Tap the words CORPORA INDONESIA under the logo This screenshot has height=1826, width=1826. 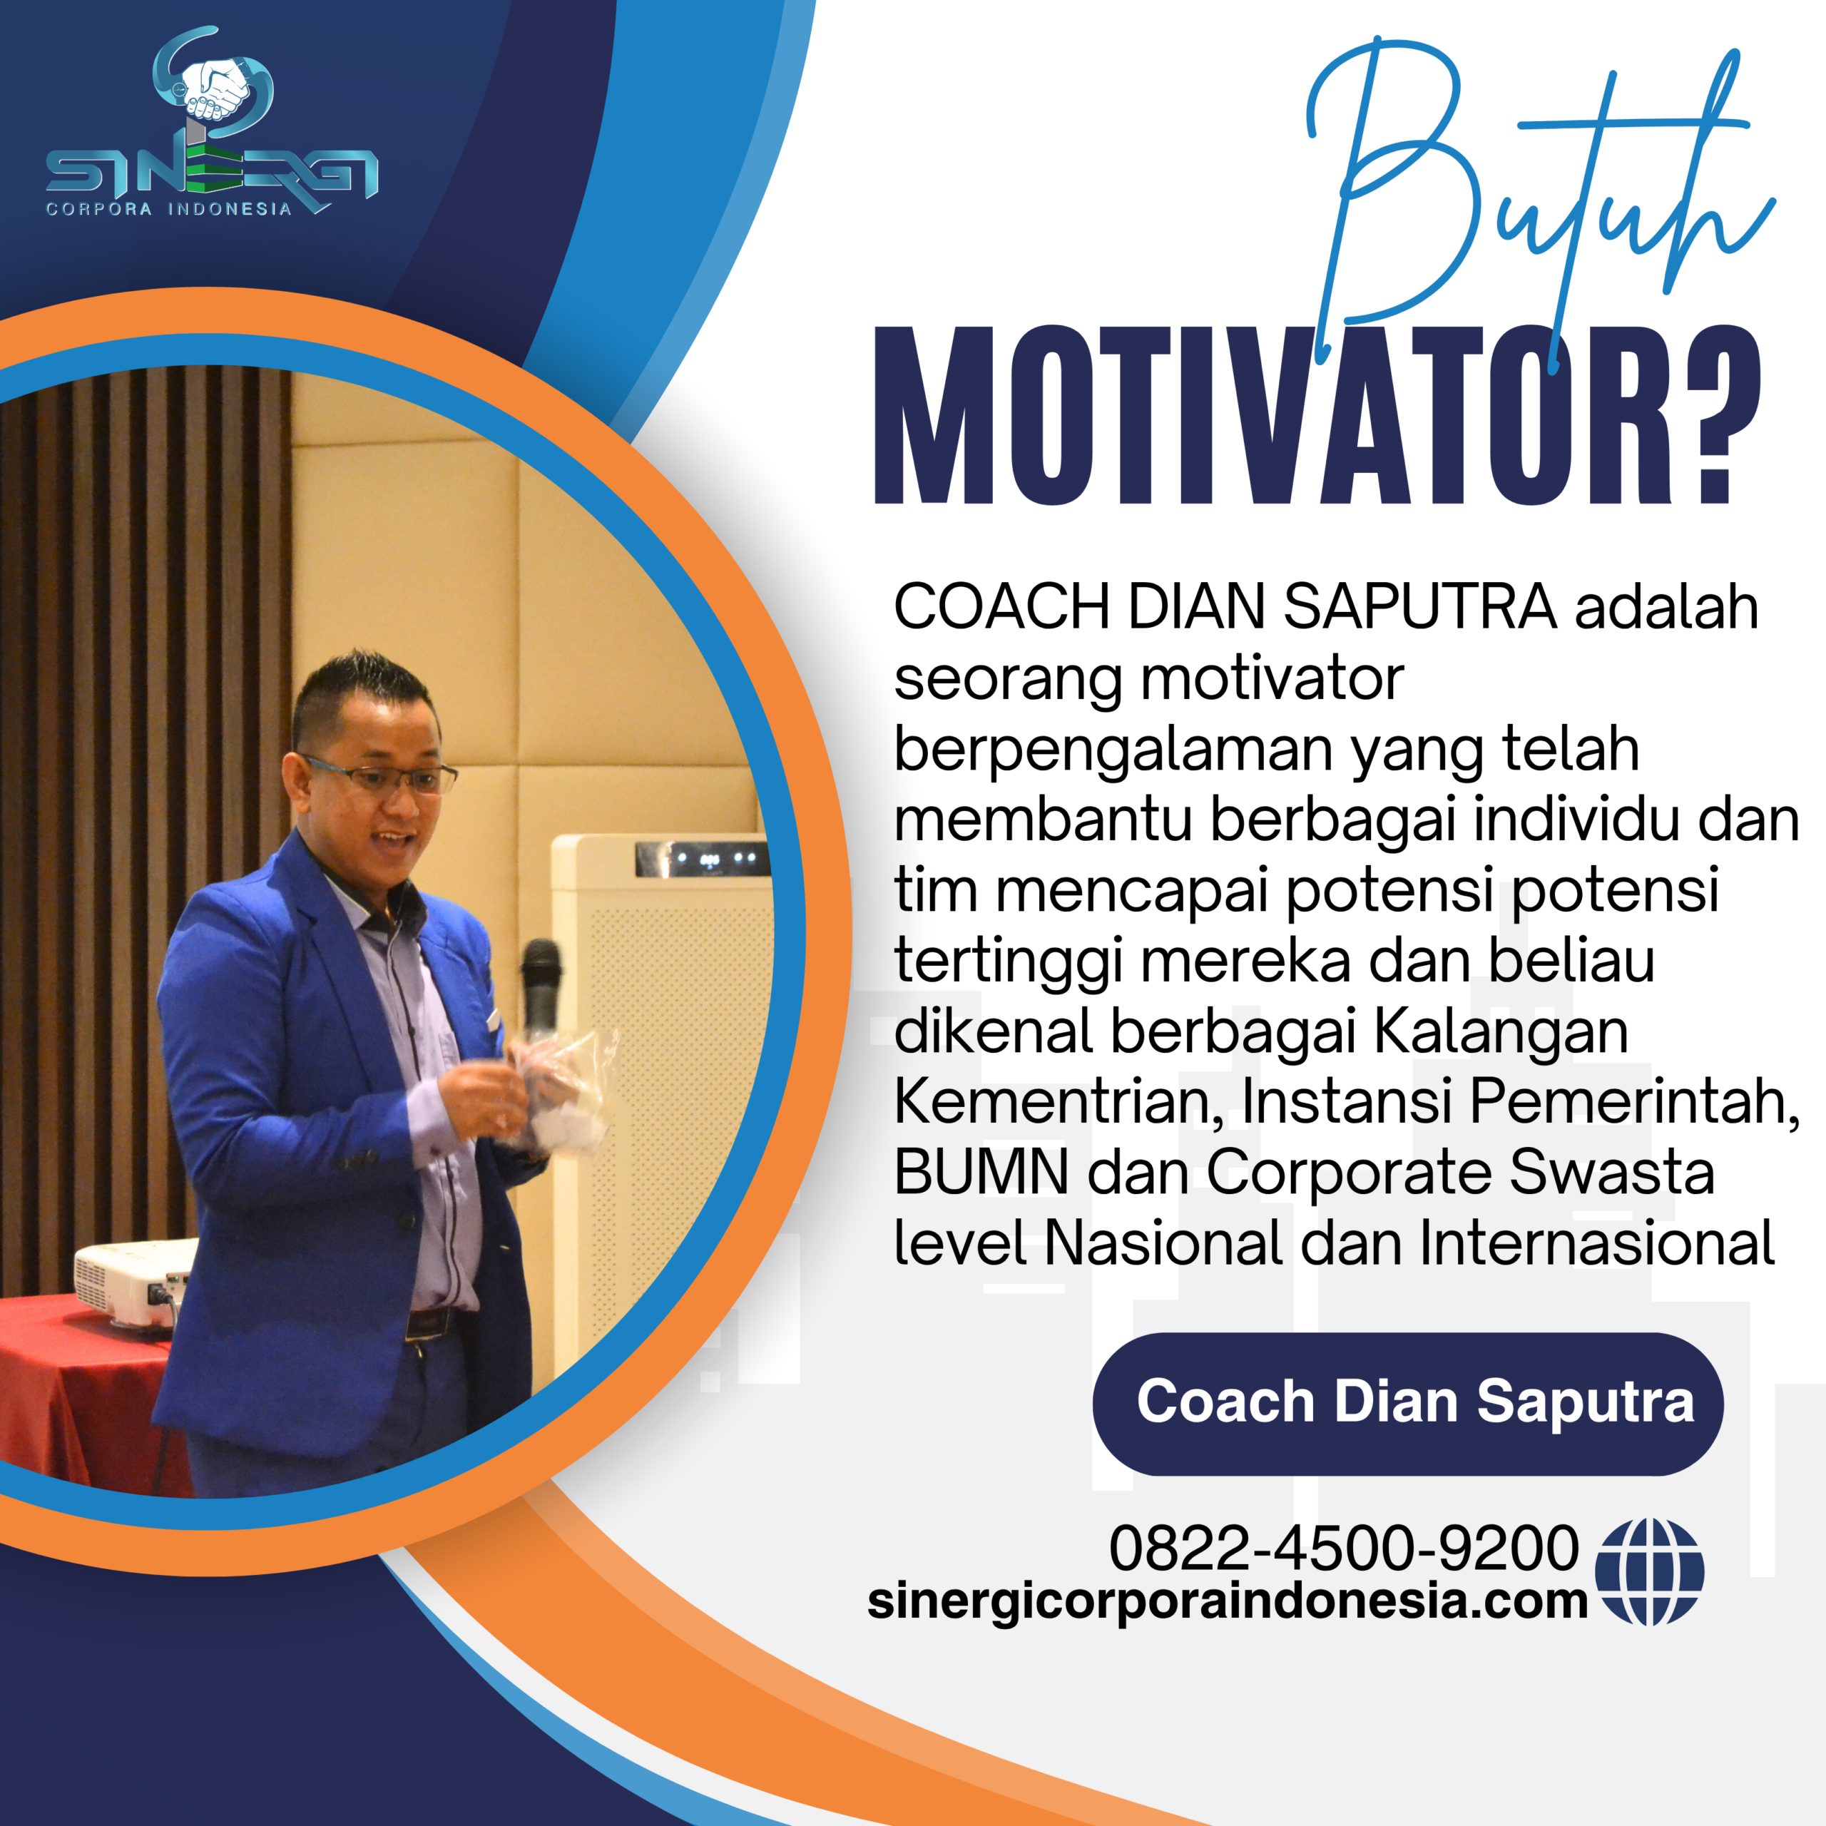coord(169,209)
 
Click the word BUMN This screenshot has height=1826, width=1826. coord(980,1173)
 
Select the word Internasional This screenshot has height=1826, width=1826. coord(1596,1244)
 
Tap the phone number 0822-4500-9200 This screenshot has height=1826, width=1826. coord(1343,1548)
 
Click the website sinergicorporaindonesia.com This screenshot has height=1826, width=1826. coord(1227,1602)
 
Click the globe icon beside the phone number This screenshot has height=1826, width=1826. coord(1649,1572)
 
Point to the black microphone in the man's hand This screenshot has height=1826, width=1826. coord(541,988)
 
